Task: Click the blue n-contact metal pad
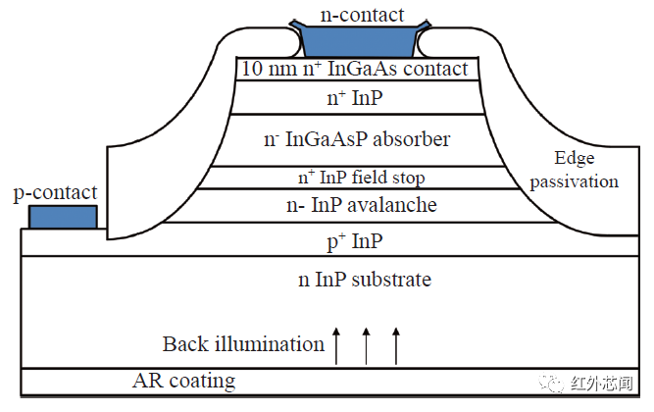[x=360, y=39]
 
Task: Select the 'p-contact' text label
[x=55, y=192]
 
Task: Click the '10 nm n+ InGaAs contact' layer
[x=360, y=70]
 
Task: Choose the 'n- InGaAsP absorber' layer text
[x=358, y=139]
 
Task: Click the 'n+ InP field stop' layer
[x=360, y=178]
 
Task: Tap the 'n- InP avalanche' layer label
[x=360, y=205]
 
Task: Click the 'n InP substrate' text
[x=364, y=280]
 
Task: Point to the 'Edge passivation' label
[x=586, y=170]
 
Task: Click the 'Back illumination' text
[x=243, y=344]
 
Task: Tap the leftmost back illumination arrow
[x=336, y=345]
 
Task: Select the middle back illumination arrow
[x=367, y=345]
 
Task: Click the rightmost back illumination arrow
[x=396, y=345]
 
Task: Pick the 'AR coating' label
[x=183, y=381]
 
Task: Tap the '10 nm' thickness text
[x=265, y=70]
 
